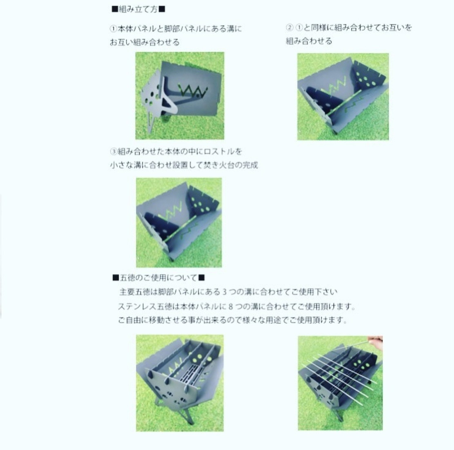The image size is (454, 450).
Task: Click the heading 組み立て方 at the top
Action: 138,9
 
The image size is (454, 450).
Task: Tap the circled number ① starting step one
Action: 113,29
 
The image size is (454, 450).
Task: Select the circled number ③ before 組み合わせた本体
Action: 113,151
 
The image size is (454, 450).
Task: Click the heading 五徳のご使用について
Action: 159,278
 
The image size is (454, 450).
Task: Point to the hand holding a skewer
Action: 376,340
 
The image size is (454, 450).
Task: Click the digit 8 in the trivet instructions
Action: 231,306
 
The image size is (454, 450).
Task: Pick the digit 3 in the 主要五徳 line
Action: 225,291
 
